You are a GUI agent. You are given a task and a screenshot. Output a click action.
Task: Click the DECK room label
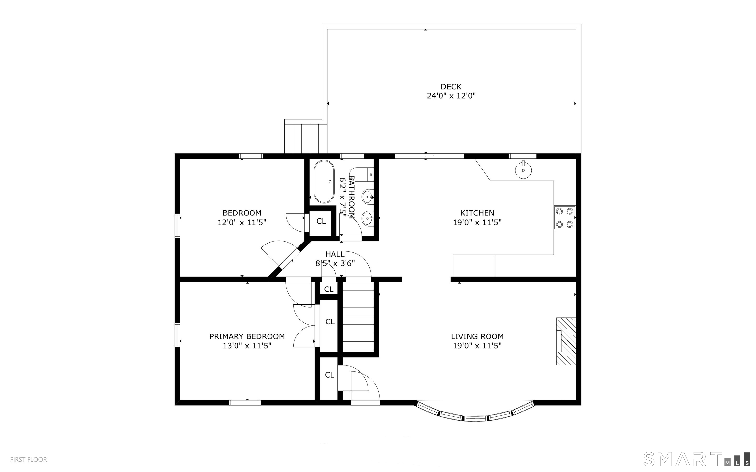coord(451,87)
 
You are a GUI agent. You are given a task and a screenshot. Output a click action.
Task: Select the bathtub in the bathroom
coord(324,182)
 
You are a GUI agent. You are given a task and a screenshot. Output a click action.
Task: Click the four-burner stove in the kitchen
coord(565,218)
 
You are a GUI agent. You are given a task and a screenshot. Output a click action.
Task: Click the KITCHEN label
coord(477,213)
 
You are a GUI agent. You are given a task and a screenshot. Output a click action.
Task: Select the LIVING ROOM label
coord(477,336)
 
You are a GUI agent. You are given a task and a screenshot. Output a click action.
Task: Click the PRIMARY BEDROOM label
coord(247,336)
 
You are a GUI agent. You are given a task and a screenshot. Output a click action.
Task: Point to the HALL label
coord(335,254)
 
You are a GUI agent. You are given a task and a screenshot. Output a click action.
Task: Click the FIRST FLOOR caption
coord(28,459)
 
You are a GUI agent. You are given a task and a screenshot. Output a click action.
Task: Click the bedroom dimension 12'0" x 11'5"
coord(242,222)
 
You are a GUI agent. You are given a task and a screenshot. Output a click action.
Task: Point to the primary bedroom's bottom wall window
coord(245,403)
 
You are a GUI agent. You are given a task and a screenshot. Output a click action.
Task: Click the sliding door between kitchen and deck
coord(429,156)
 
